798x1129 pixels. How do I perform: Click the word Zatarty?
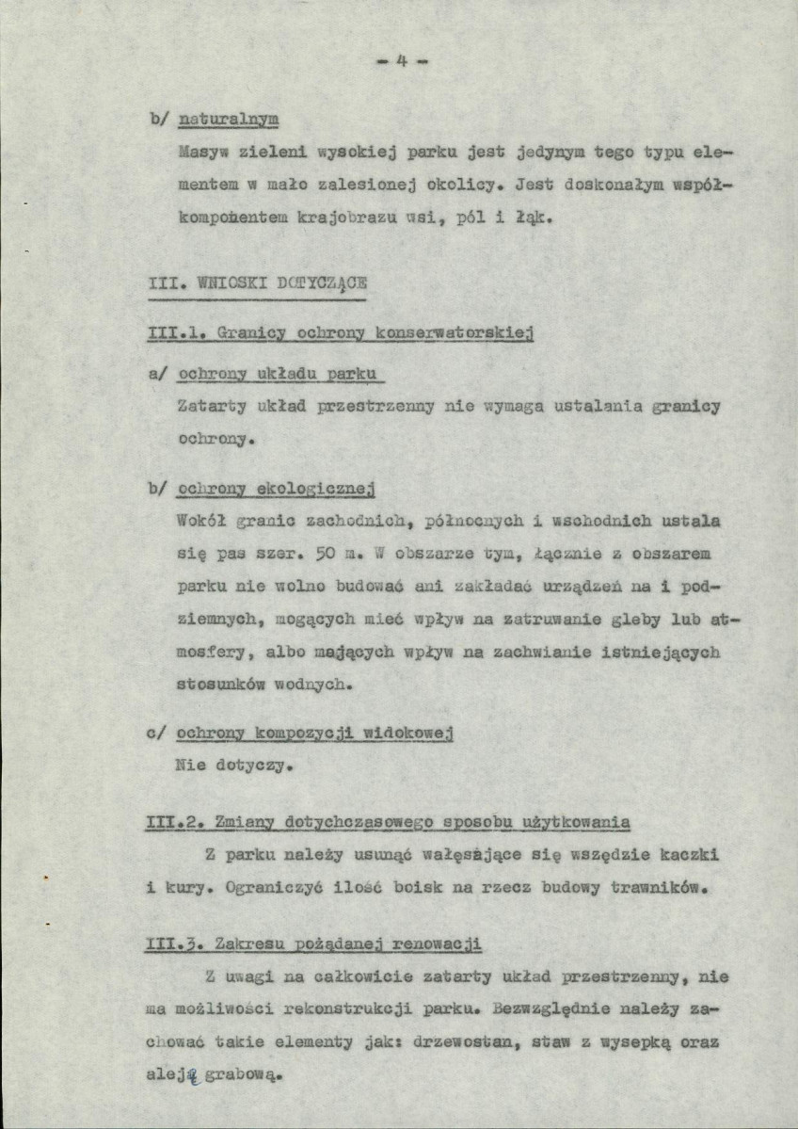212,407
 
